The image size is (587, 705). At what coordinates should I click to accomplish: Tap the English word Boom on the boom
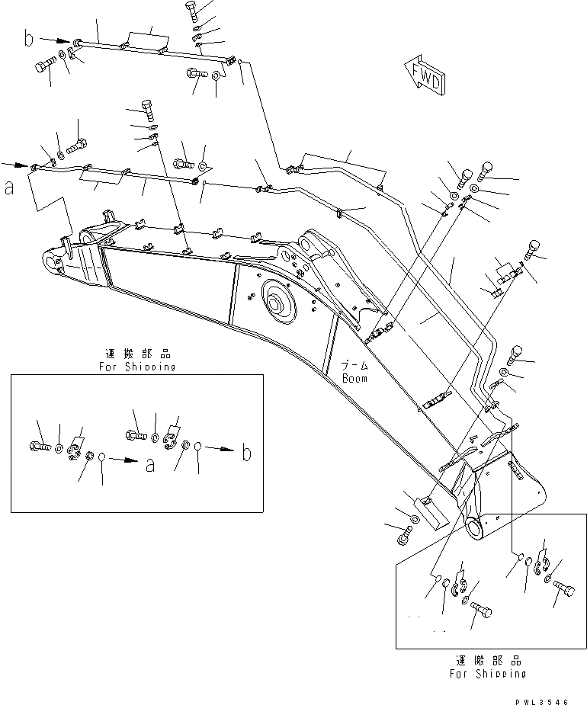(354, 377)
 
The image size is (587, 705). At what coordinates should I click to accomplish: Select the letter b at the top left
(29, 39)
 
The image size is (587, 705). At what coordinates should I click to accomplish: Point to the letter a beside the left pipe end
(10, 188)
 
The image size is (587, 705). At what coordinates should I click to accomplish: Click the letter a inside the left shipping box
(149, 463)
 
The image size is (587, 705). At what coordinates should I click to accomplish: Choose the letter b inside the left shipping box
(246, 453)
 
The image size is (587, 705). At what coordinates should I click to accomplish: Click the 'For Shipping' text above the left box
(137, 367)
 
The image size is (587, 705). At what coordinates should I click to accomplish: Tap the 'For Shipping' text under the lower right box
(487, 673)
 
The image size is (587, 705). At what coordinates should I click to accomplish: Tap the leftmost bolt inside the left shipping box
(39, 445)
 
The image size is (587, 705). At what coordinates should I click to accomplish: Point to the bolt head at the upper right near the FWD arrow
(486, 173)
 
